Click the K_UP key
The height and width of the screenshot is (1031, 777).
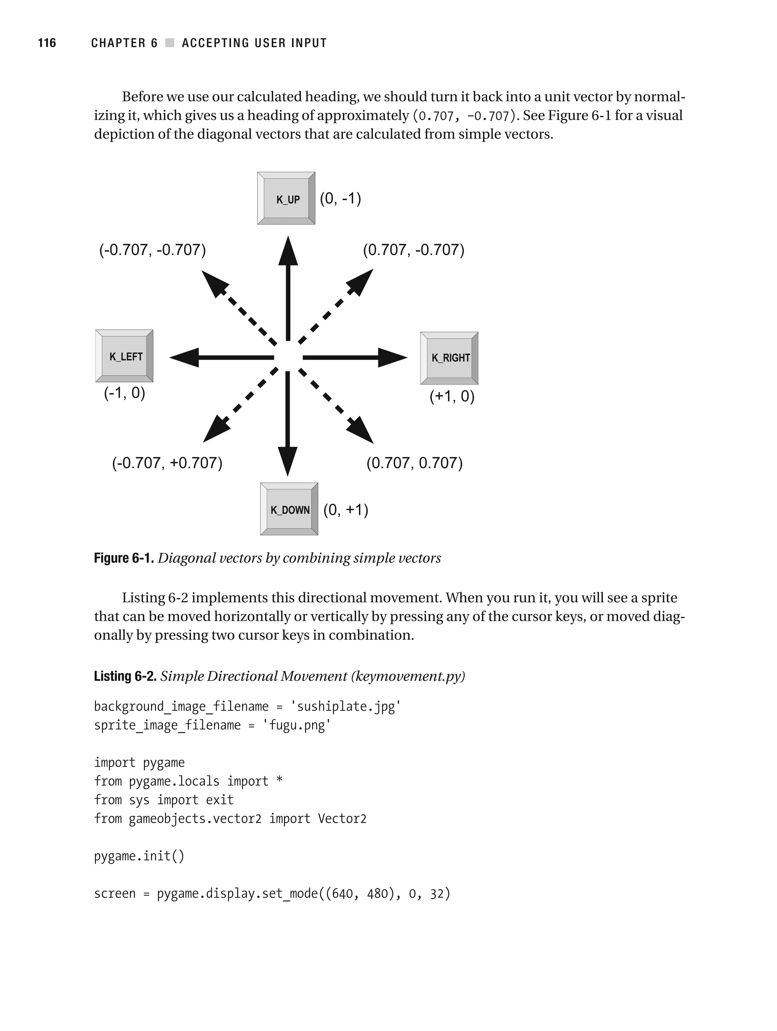(286, 198)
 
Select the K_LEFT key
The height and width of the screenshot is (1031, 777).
(124, 356)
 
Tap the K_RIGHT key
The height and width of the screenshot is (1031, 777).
(449, 358)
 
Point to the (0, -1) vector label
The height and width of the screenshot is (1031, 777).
(340, 198)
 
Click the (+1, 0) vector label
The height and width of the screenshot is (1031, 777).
(451, 396)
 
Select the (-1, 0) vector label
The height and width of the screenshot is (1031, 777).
(124, 393)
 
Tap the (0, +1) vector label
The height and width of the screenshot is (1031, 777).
(346, 510)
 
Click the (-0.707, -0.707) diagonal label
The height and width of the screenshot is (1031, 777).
(153, 250)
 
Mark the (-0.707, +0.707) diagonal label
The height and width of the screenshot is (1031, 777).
(167, 463)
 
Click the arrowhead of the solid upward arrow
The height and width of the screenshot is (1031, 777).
(288, 252)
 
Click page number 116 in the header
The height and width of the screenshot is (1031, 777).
(47, 43)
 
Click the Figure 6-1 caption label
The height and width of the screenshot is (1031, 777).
(124, 558)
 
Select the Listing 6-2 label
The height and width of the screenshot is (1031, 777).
(125, 676)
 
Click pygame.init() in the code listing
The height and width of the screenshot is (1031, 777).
(139, 856)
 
